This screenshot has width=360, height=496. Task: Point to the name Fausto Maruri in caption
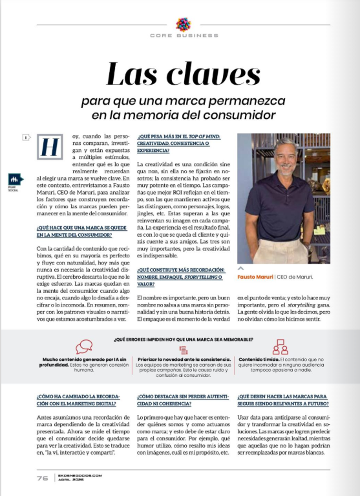coord(256,277)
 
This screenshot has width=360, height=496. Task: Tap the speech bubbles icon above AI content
coord(84,347)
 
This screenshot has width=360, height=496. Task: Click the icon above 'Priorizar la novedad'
coord(183,349)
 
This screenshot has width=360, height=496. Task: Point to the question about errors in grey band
coord(183,339)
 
